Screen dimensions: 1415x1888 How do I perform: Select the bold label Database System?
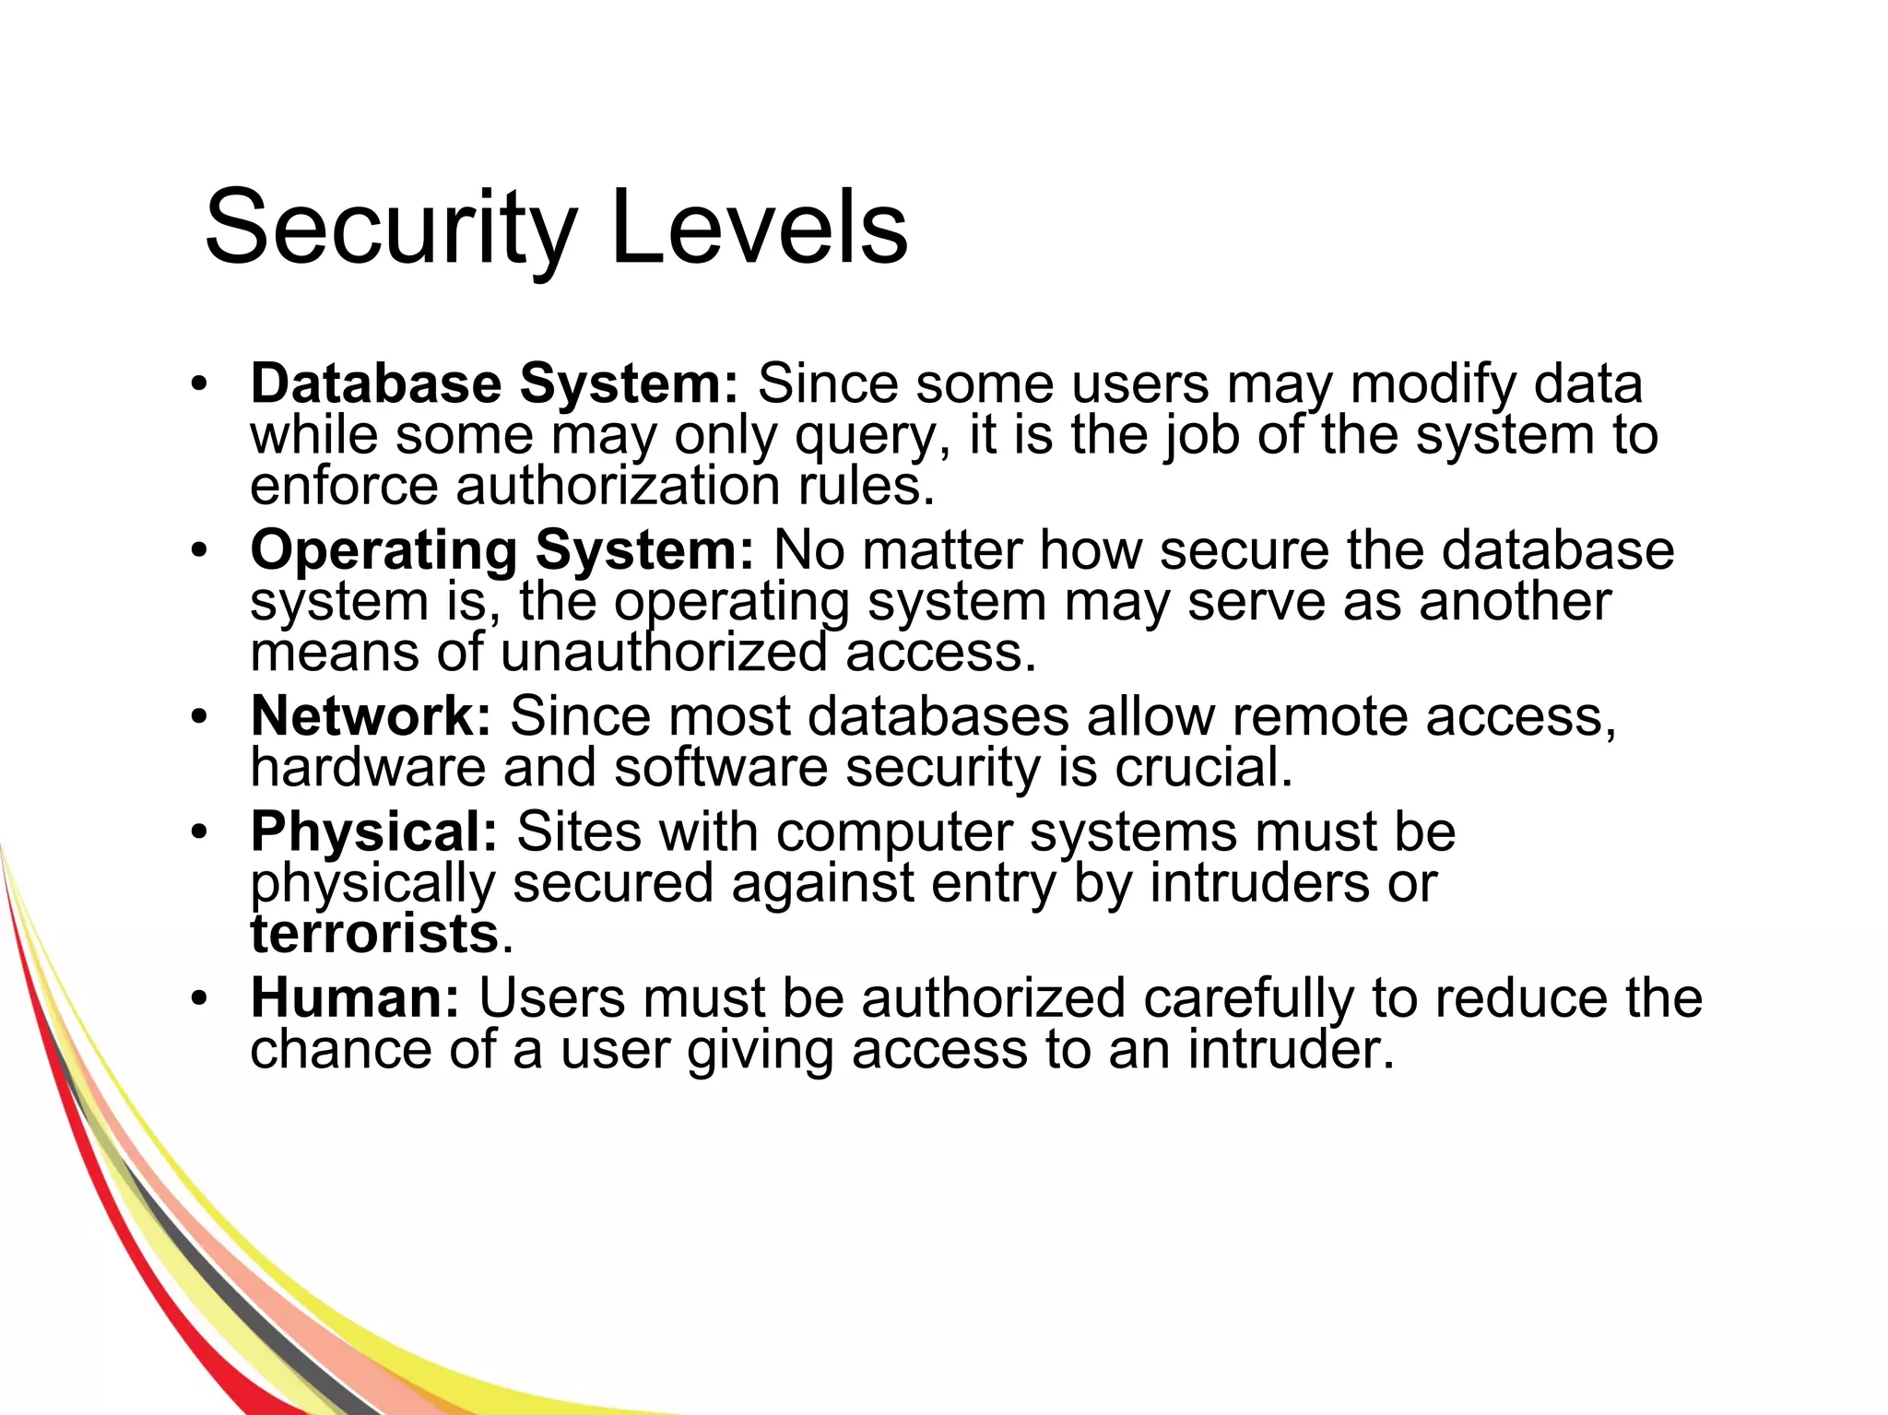pos(494,383)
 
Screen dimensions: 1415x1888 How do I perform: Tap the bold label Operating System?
pos(502,550)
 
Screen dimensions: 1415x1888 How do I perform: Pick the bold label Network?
pos(371,716)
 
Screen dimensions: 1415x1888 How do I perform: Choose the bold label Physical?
pos(373,831)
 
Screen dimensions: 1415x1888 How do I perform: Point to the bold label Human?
pos(355,997)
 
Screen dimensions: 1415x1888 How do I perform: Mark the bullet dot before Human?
pos(199,999)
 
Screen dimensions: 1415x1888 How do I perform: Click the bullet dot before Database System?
pos(199,385)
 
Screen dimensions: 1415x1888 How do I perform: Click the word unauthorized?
pos(664,653)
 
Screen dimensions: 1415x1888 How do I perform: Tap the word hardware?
pos(368,767)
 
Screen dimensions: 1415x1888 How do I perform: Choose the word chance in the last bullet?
pos(340,1049)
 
